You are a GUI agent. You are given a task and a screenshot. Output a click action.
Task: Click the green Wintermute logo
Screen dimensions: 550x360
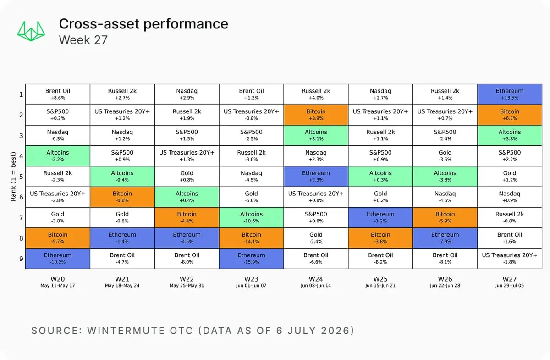31,31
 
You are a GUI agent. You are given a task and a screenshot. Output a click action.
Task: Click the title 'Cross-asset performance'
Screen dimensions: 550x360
143,24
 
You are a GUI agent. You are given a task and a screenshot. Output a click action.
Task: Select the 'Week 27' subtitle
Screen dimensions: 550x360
83,40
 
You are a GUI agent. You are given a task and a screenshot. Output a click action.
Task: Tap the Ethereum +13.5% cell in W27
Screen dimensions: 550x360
510,94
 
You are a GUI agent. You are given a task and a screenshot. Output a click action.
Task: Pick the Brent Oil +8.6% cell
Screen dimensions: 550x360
58,94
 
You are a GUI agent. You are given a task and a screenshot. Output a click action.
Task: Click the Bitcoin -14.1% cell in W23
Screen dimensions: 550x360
252,238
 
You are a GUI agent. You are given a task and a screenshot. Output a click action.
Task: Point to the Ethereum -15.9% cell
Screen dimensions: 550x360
252,259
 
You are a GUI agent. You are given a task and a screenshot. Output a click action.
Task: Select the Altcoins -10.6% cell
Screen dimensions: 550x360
252,217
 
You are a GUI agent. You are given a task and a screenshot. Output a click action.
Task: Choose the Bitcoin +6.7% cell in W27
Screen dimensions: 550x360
510,115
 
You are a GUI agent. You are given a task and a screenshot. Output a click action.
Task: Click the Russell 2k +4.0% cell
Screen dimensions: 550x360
316,94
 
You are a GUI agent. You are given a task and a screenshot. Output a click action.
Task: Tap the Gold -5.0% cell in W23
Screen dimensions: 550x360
252,197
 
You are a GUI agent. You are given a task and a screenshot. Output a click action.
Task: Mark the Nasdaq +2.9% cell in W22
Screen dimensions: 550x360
187,94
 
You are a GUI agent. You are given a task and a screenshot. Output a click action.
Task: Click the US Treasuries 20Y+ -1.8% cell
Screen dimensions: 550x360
510,259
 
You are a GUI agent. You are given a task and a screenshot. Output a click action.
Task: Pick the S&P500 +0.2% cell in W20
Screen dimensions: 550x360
58,115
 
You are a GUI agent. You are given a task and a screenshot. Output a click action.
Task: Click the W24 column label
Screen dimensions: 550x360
316,279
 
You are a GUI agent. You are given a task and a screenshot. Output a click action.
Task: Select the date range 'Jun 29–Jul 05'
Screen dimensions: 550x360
510,286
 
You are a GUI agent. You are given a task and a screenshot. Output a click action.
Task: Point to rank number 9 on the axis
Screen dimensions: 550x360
22,259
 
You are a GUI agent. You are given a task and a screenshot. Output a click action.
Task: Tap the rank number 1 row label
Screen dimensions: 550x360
22,94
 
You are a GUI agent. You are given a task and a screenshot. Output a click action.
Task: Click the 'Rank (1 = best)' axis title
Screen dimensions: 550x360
13,177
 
